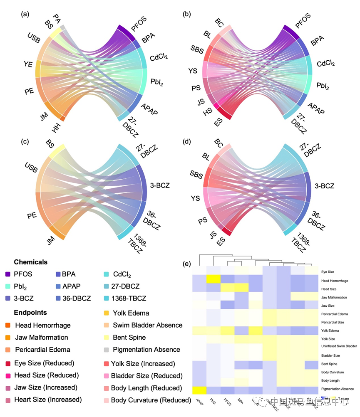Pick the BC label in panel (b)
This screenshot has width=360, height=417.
(219, 21)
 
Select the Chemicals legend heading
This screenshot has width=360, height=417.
(30, 262)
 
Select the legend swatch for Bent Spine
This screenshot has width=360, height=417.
(107, 338)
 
